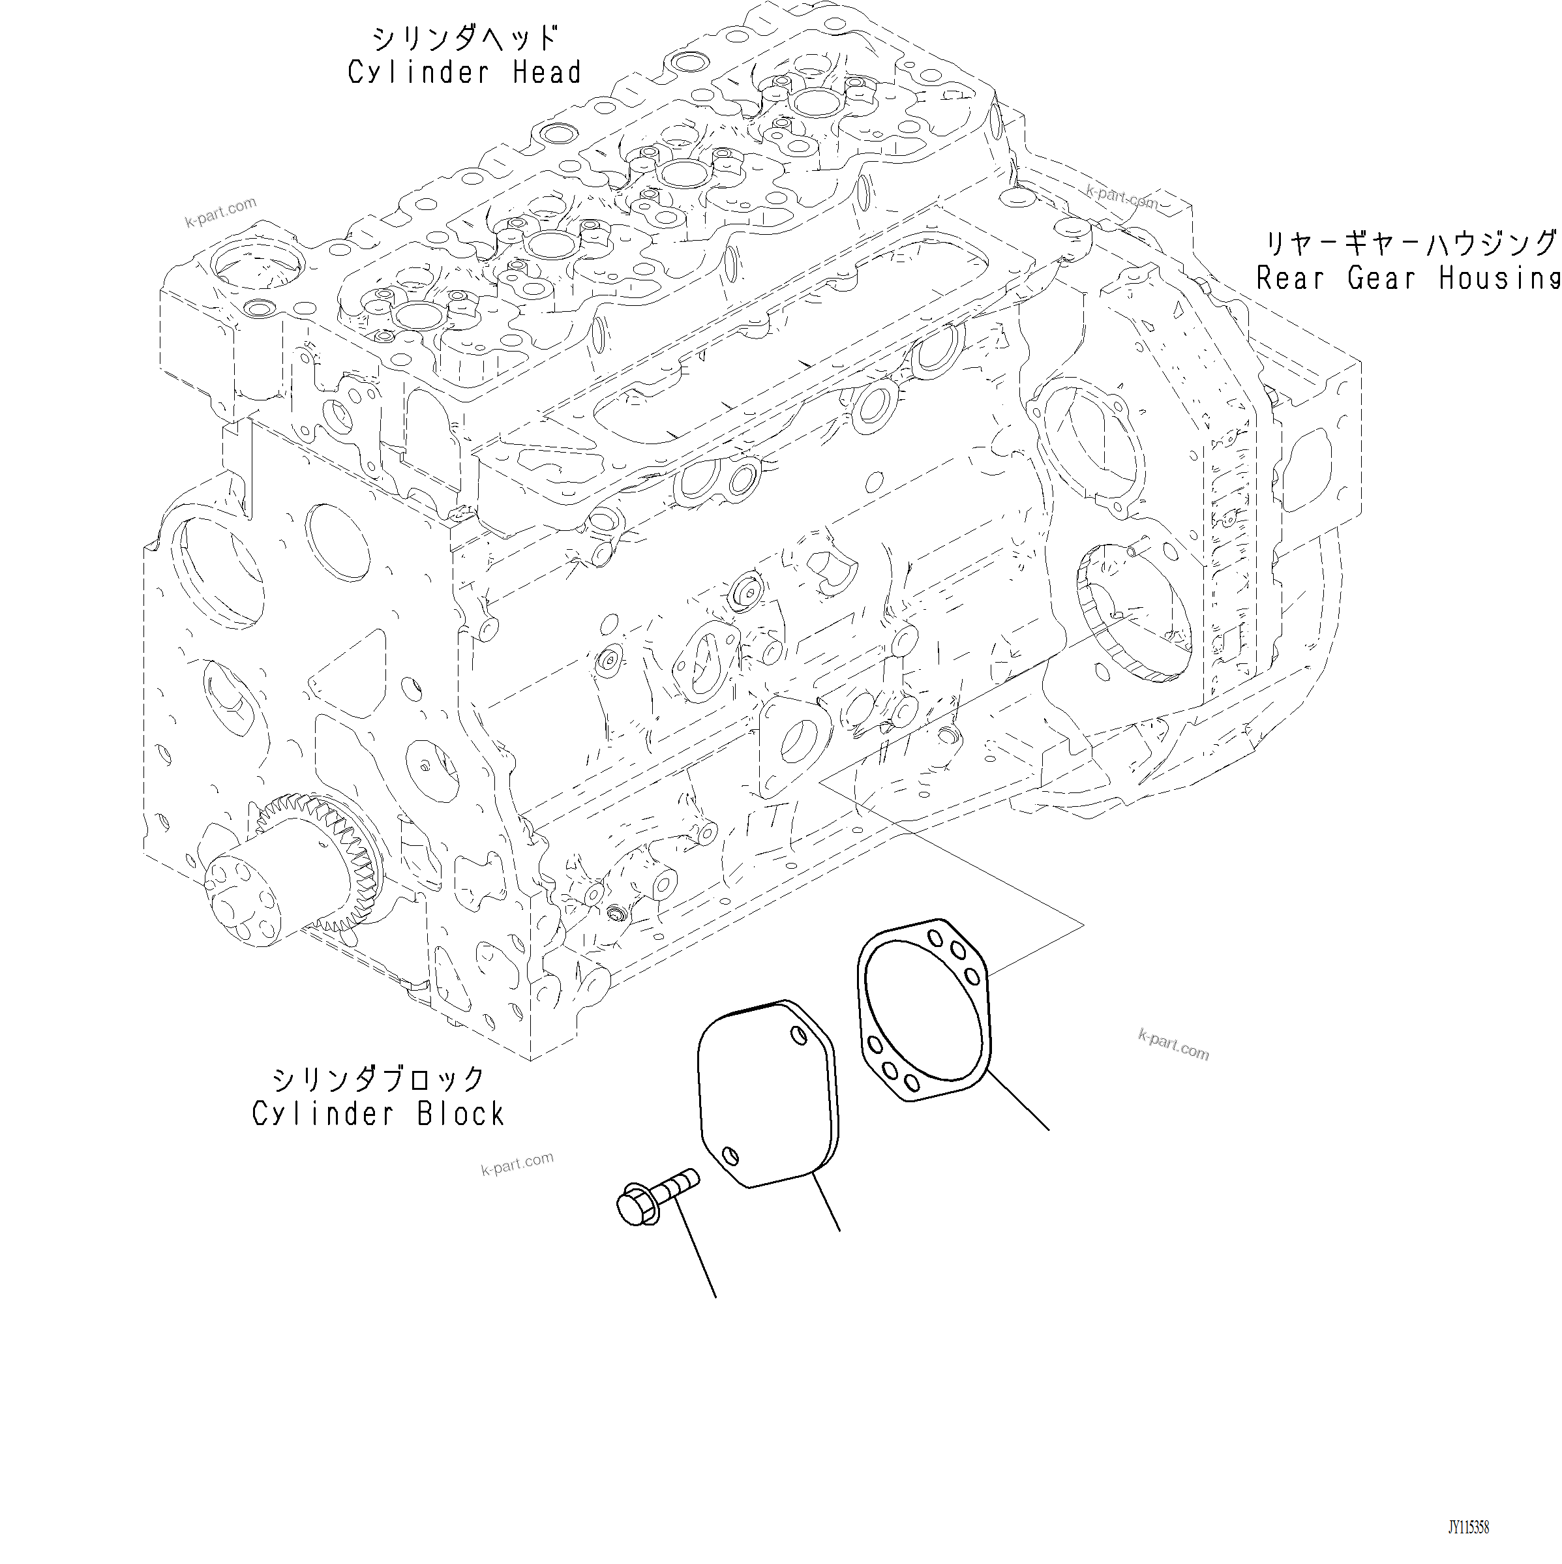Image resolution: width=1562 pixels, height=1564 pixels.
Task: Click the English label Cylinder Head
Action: (464, 73)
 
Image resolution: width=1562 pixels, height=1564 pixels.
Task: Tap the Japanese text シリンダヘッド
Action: (464, 38)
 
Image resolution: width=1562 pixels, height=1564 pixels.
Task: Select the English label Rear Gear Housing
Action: (1407, 278)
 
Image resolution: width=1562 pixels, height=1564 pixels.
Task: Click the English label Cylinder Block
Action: (378, 1114)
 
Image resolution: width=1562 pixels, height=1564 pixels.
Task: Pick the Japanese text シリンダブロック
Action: (378, 1079)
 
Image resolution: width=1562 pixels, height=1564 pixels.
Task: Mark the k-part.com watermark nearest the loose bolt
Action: (517, 1164)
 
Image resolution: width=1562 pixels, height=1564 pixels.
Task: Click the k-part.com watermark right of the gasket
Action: (1173, 1044)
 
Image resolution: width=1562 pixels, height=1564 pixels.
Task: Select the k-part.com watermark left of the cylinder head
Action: (220, 211)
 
